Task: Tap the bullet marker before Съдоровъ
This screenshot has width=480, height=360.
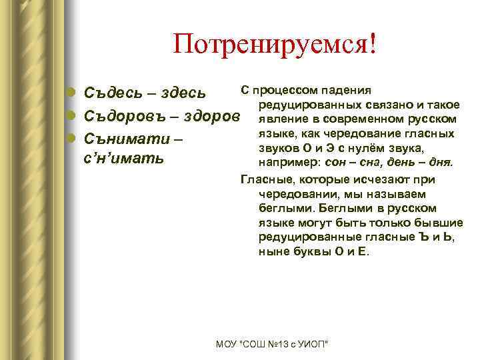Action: tap(72, 116)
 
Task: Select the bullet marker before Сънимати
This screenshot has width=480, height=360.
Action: tap(72, 140)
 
